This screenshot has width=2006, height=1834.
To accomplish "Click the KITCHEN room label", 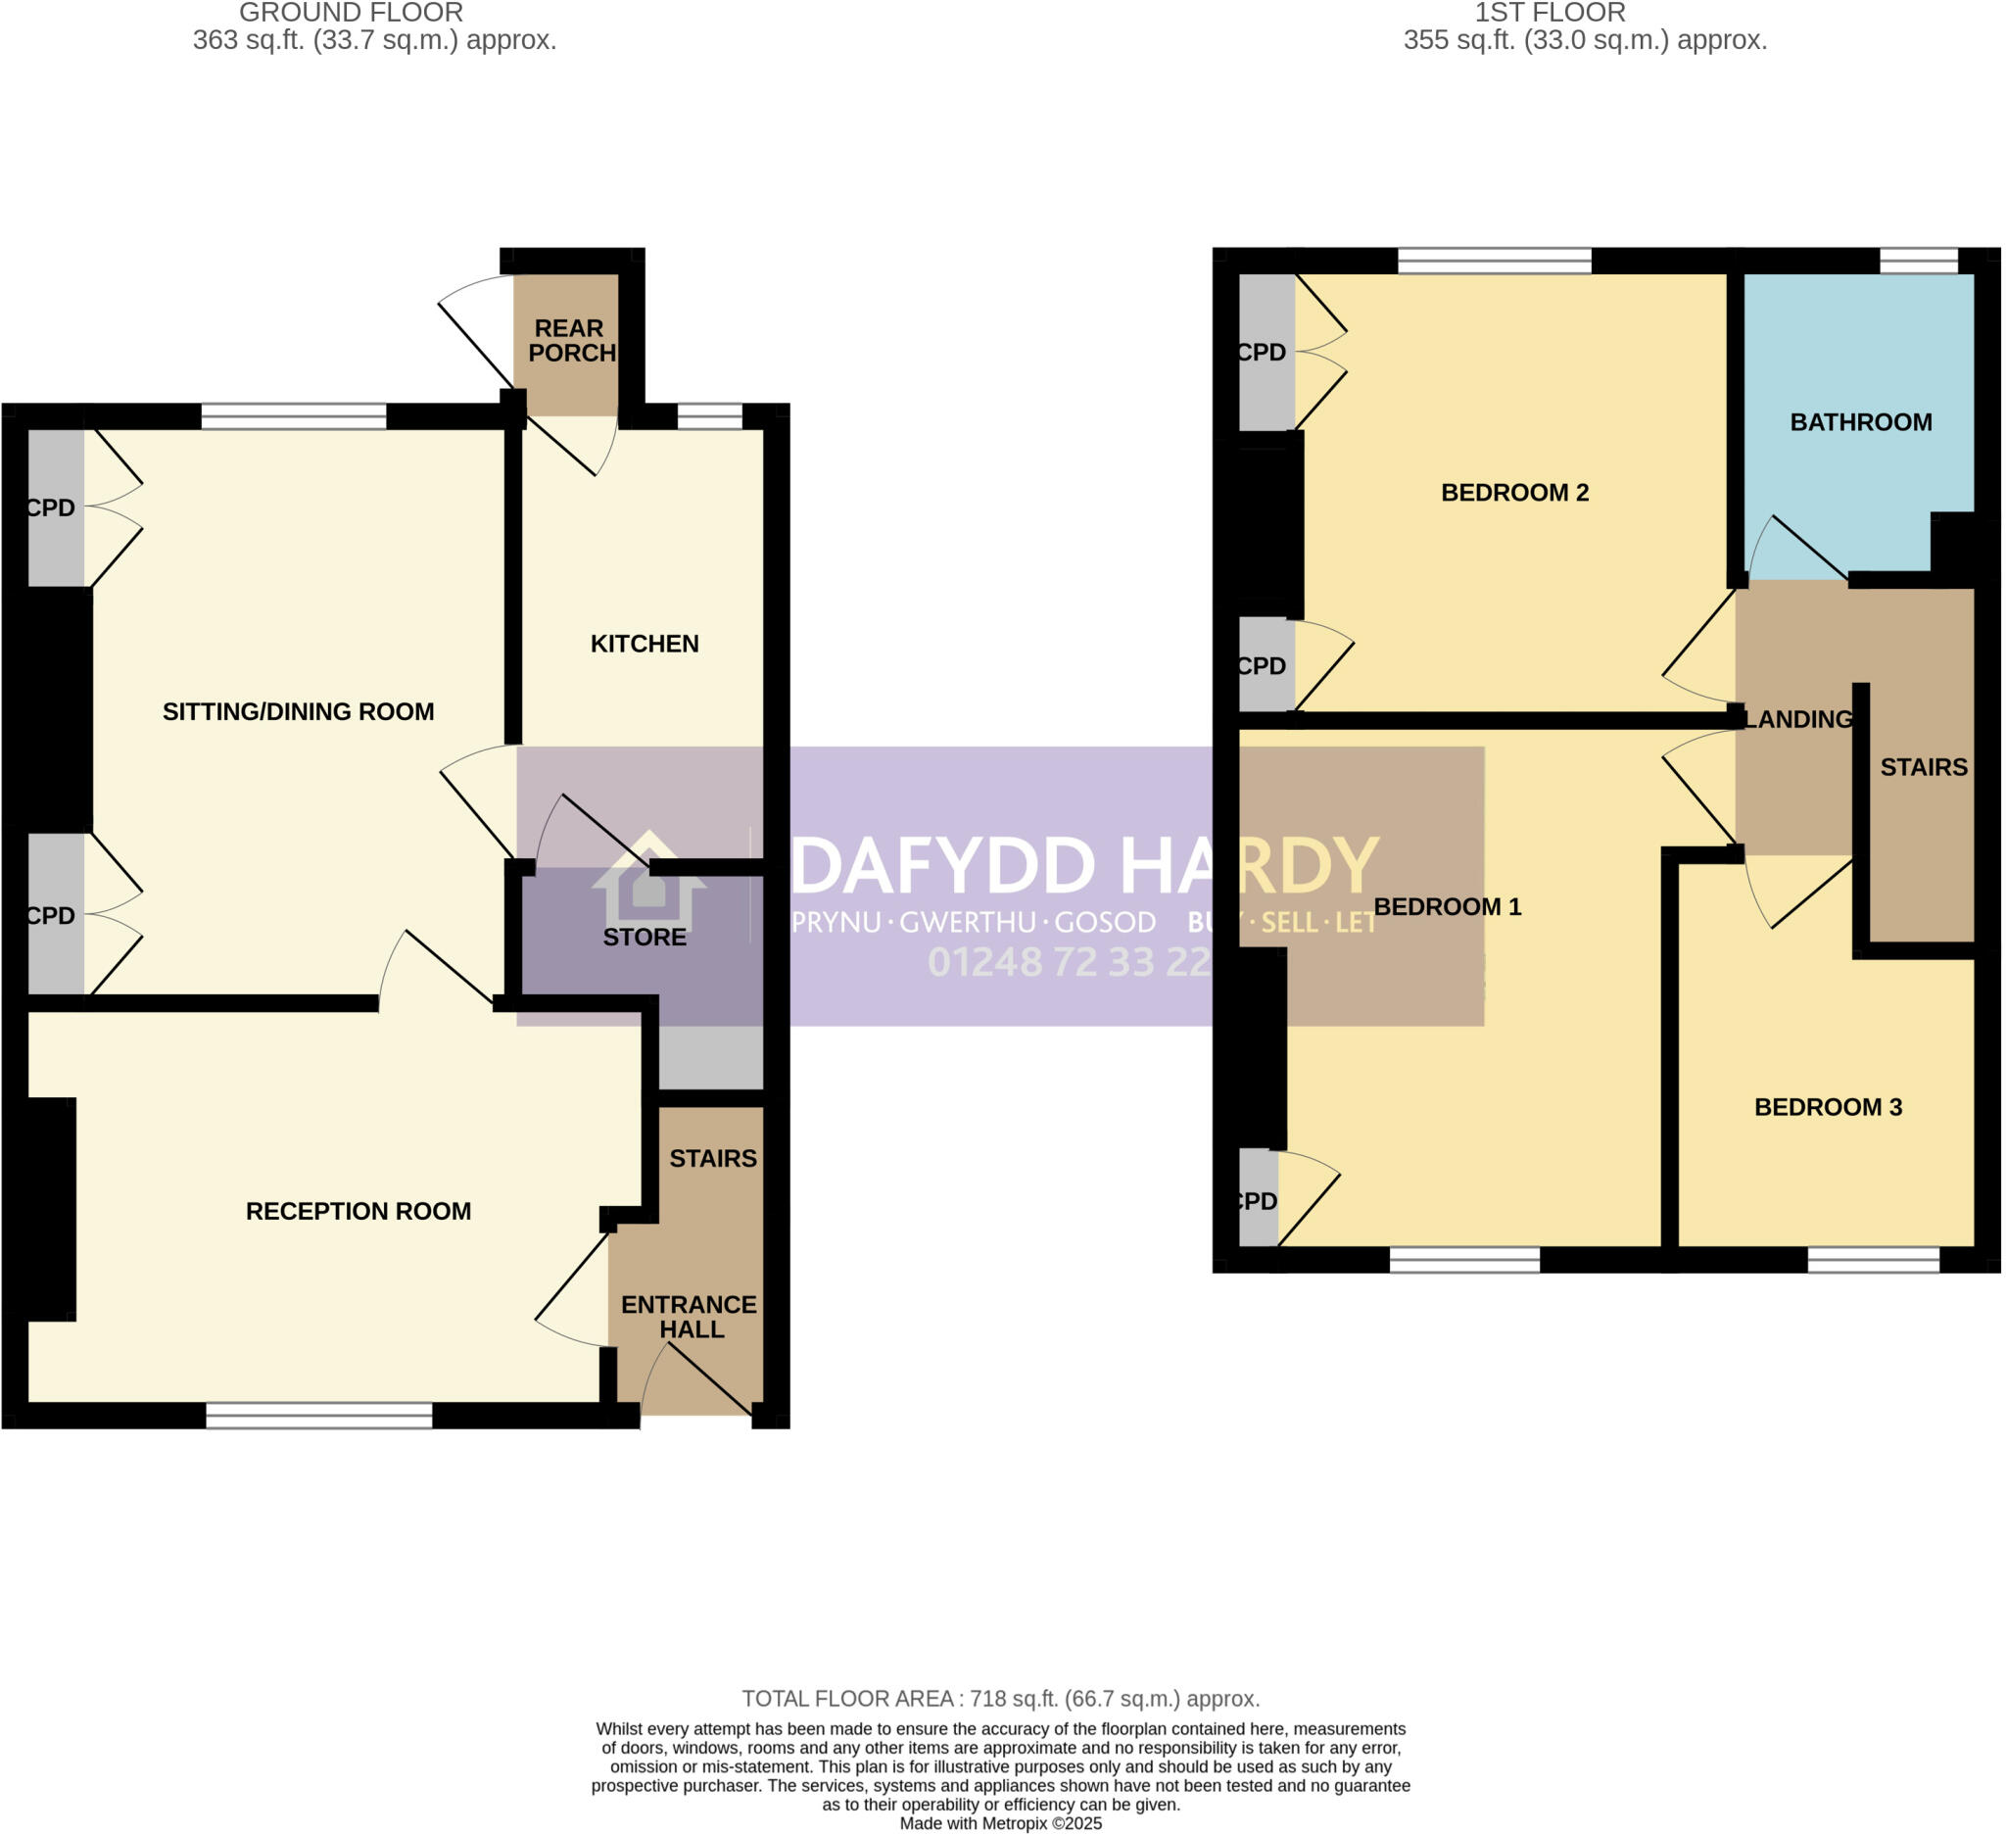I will [645, 644].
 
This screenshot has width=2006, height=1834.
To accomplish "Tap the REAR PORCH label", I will [571, 340].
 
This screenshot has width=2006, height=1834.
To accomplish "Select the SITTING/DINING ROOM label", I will [299, 711].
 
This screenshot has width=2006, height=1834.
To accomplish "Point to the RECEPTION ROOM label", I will [358, 1211].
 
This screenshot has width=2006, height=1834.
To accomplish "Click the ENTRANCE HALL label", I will [689, 1317].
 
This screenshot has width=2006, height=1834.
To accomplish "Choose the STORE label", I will [645, 937].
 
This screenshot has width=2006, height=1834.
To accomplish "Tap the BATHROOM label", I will [1861, 422].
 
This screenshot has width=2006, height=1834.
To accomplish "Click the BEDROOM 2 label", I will [1514, 493].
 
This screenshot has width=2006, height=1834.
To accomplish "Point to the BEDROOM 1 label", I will [1447, 906].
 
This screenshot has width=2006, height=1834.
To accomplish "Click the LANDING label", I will [1799, 718].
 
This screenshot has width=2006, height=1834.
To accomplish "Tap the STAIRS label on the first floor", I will [1924, 767].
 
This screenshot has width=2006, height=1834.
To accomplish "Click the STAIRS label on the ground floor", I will [712, 1158].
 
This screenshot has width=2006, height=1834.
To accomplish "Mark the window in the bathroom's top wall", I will [1919, 261].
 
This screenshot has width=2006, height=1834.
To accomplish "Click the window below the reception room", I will [319, 1415].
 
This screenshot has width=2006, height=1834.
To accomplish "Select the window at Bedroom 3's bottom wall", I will [1873, 1259].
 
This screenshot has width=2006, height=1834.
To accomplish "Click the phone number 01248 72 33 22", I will [1070, 962].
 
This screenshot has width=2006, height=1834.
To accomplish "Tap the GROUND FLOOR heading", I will [351, 13].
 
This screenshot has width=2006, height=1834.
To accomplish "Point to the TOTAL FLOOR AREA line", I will [1001, 1699].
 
